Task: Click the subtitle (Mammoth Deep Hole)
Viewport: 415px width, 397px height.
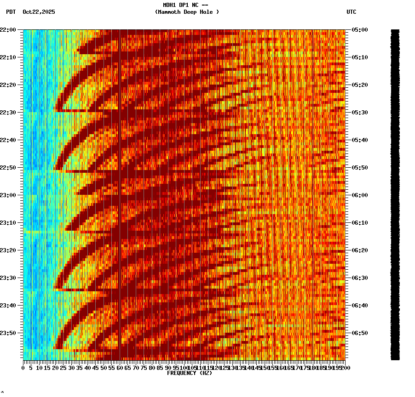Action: click(x=187, y=12)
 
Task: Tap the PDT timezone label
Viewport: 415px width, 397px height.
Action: click(x=11, y=12)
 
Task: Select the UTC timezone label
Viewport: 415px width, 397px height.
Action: click(x=351, y=12)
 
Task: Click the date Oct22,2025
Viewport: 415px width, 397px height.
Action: click(x=39, y=12)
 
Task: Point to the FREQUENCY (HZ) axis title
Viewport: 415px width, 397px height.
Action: click(x=190, y=373)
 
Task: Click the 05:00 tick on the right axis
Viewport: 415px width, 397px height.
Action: click(x=359, y=29)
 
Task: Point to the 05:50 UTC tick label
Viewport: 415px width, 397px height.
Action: click(x=359, y=167)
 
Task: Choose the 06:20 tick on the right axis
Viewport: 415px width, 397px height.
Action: click(x=359, y=250)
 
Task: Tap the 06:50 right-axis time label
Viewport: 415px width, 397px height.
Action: click(x=359, y=333)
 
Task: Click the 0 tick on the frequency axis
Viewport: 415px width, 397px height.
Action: click(x=23, y=368)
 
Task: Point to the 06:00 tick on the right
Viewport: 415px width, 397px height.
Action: click(x=359, y=195)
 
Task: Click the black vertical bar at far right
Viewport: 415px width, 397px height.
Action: click(x=395, y=194)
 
